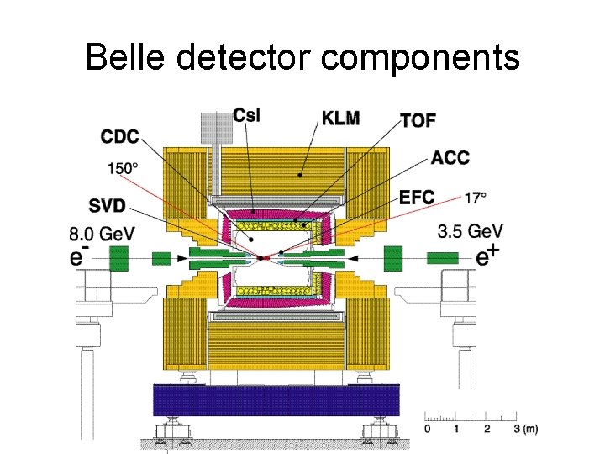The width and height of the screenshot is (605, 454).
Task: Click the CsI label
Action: pyautogui.click(x=246, y=116)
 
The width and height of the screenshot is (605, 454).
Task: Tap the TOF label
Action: pyautogui.click(x=418, y=120)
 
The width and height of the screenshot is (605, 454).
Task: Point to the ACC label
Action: pyautogui.click(x=450, y=157)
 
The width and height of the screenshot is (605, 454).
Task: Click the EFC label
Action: pyautogui.click(x=417, y=198)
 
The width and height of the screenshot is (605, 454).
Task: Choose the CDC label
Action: pyautogui.click(x=119, y=136)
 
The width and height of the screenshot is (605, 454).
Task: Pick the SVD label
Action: pyautogui.click(x=110, y=204)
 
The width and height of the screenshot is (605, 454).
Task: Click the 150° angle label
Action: pyautogui.click(x=123, y=168)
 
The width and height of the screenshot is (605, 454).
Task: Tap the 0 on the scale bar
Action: pyautogui.click(x=427, y=429)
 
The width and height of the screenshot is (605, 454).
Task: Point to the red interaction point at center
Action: pyautogui.click(x=265, y=256)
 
